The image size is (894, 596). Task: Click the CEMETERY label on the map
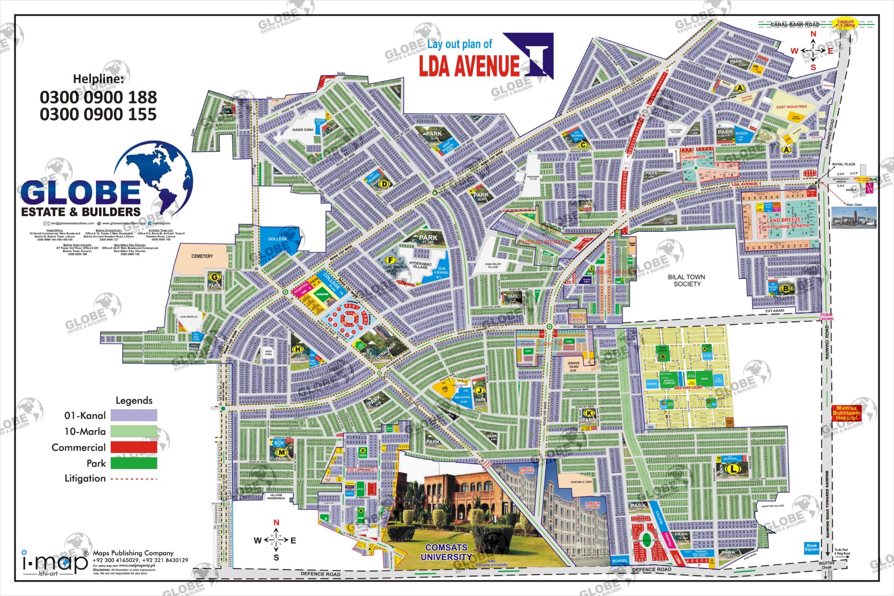(202, 257)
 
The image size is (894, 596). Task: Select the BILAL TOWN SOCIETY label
(686, 280)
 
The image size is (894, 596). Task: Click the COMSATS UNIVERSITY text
(446, 552)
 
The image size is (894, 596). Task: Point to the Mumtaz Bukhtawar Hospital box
(847, 413)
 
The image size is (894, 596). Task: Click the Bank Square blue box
(812, 548)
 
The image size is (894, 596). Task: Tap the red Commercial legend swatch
(134, 447)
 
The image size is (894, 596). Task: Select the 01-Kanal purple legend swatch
(134, 415)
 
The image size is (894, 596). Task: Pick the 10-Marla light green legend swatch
(134, 431)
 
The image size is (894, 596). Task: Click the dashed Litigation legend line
(134, 479)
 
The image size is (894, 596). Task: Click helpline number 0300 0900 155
(98, 115)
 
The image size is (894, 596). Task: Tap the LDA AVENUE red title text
(469, 66)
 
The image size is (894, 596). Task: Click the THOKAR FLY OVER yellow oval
(845, 23)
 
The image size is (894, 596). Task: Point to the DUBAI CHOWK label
(826, 317)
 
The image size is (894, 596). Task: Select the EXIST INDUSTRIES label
(792, 107)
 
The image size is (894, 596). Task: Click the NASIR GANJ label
(303, 130)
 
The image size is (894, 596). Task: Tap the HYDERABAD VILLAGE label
(420, 265)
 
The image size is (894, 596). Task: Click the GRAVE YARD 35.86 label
(574, 366)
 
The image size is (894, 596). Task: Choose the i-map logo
(55, 562)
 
